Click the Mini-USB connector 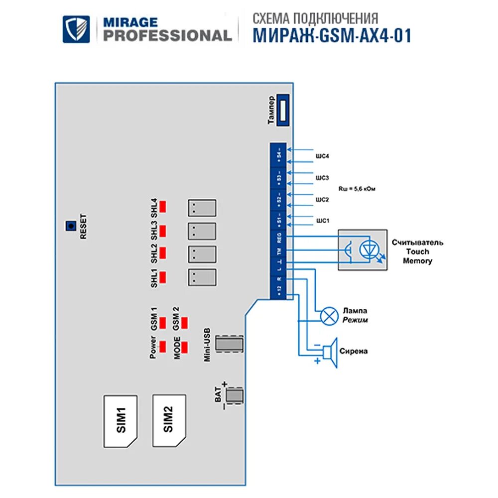[x=230, y=344]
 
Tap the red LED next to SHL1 [x=163, y=277]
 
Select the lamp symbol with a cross [x=329, y=316]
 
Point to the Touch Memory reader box [x=362, y=249]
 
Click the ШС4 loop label [x=322, y=156]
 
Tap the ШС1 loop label [x=322, y=220]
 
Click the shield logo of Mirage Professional [x=76, y=29]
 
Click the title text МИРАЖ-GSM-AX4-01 [x=332, y=36]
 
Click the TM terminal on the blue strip [x=279, y=251]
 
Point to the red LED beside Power [x=163, y=345]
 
